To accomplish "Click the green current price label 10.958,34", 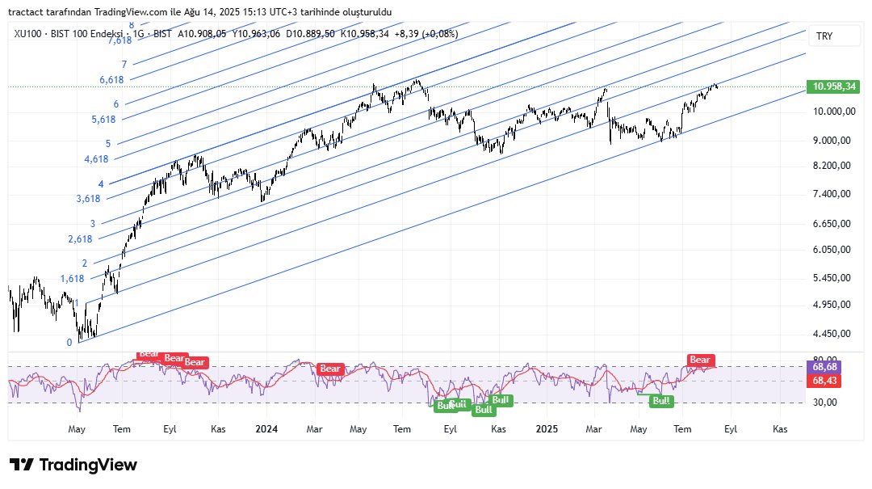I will (835, 86).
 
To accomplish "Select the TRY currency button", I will (824, 36).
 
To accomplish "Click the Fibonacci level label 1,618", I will (72, 279).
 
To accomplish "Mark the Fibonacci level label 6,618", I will (111, 80).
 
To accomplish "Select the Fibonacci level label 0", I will (69, 342).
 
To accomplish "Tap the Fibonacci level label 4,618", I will (96, 160).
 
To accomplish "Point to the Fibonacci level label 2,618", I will (80, 239).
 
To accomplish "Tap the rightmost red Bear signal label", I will (700, 360).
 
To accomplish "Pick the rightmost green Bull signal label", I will (662, 400).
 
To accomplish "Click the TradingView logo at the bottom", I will (73, 465).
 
